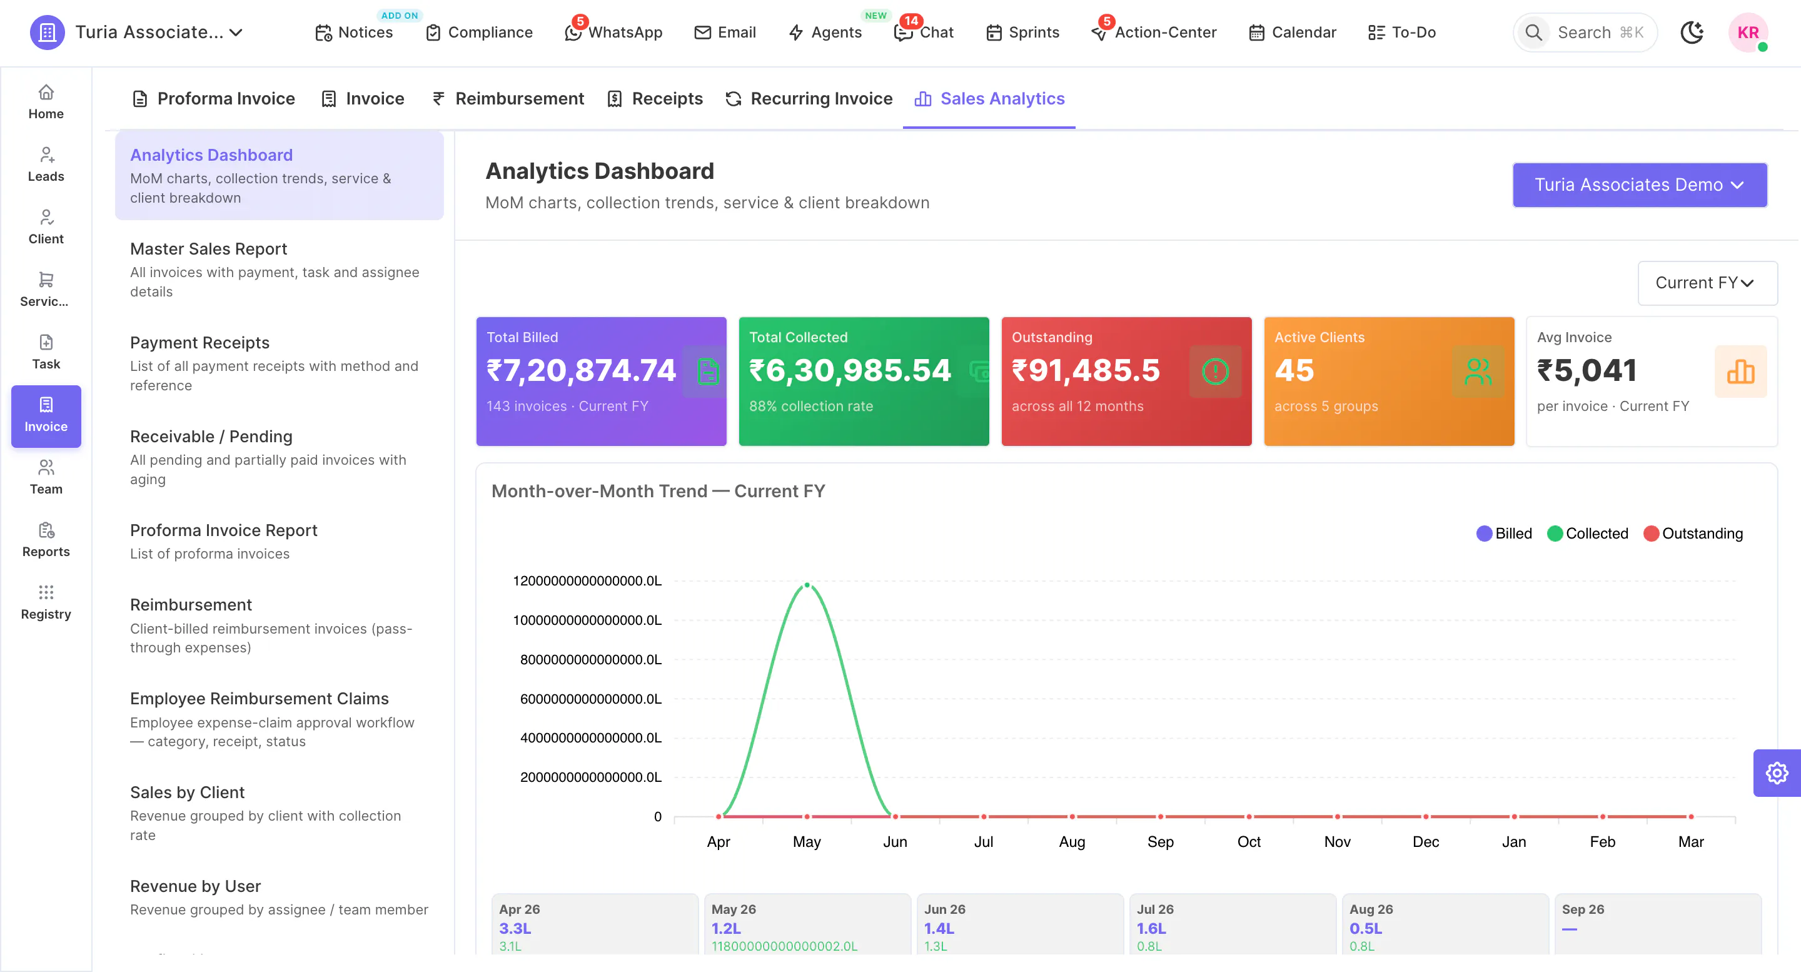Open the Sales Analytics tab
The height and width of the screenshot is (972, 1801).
click(989, 99)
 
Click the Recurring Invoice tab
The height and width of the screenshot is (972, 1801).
click(809, 99)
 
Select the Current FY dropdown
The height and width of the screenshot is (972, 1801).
click(1707, 283)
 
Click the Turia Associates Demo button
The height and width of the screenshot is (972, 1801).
click(1640, 185)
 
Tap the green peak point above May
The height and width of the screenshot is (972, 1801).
click(807, 585)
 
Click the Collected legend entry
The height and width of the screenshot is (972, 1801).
click(1588, 534)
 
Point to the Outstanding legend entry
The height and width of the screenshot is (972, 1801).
click(1693, 534)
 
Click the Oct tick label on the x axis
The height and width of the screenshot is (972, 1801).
click(1249, 841)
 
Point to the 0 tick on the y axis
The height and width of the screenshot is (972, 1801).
click(657, 817)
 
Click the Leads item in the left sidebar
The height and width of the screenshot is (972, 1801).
click(46, 165)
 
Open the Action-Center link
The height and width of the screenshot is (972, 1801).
click(1154, 32)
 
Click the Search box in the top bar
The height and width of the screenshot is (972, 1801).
click(1585, 32)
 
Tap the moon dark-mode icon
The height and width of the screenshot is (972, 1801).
click(1692, 32)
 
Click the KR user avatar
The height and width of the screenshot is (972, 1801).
click(1748, 32)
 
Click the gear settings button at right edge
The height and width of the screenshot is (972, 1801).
click(1777, 772)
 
